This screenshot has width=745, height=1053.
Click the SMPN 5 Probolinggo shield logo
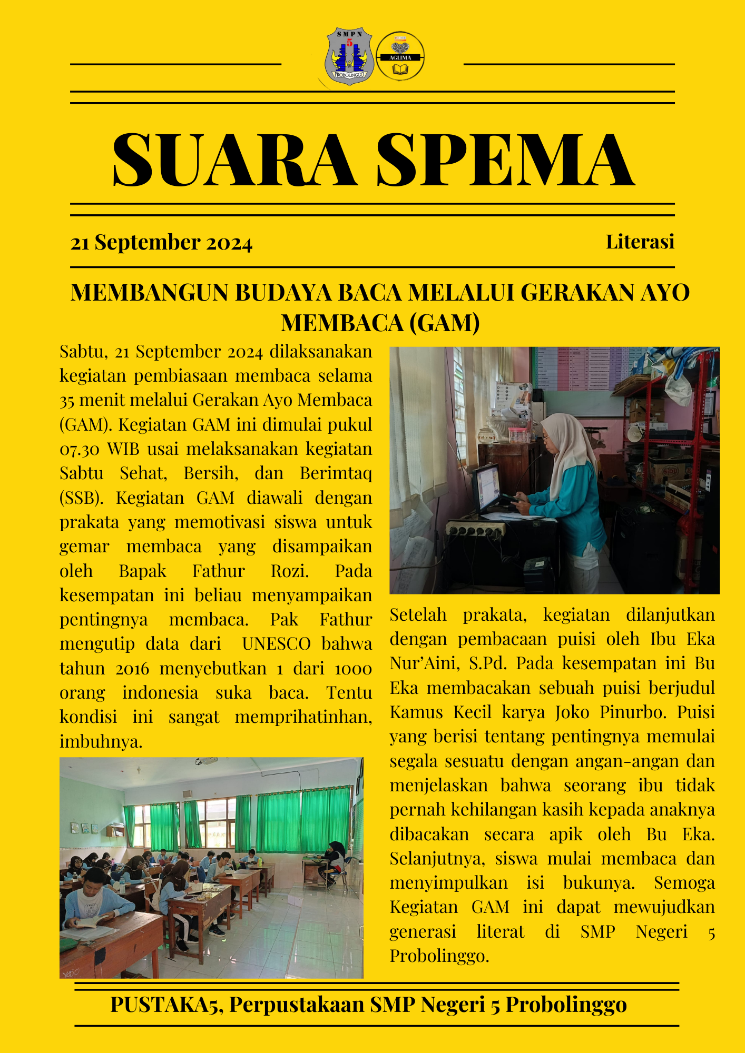click(x=349, y=56)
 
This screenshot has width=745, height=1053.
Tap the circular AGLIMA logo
click(x=400, y=56)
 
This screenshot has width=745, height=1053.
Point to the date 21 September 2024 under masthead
click(x=161, y=243)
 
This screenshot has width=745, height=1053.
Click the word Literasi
click(x=640, y=242)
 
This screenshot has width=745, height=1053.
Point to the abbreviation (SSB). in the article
click(x=81, y=498)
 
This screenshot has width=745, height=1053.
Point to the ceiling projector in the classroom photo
click(x=208, y=761)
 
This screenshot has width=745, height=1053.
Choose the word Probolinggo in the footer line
click(x=566, y=1005)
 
